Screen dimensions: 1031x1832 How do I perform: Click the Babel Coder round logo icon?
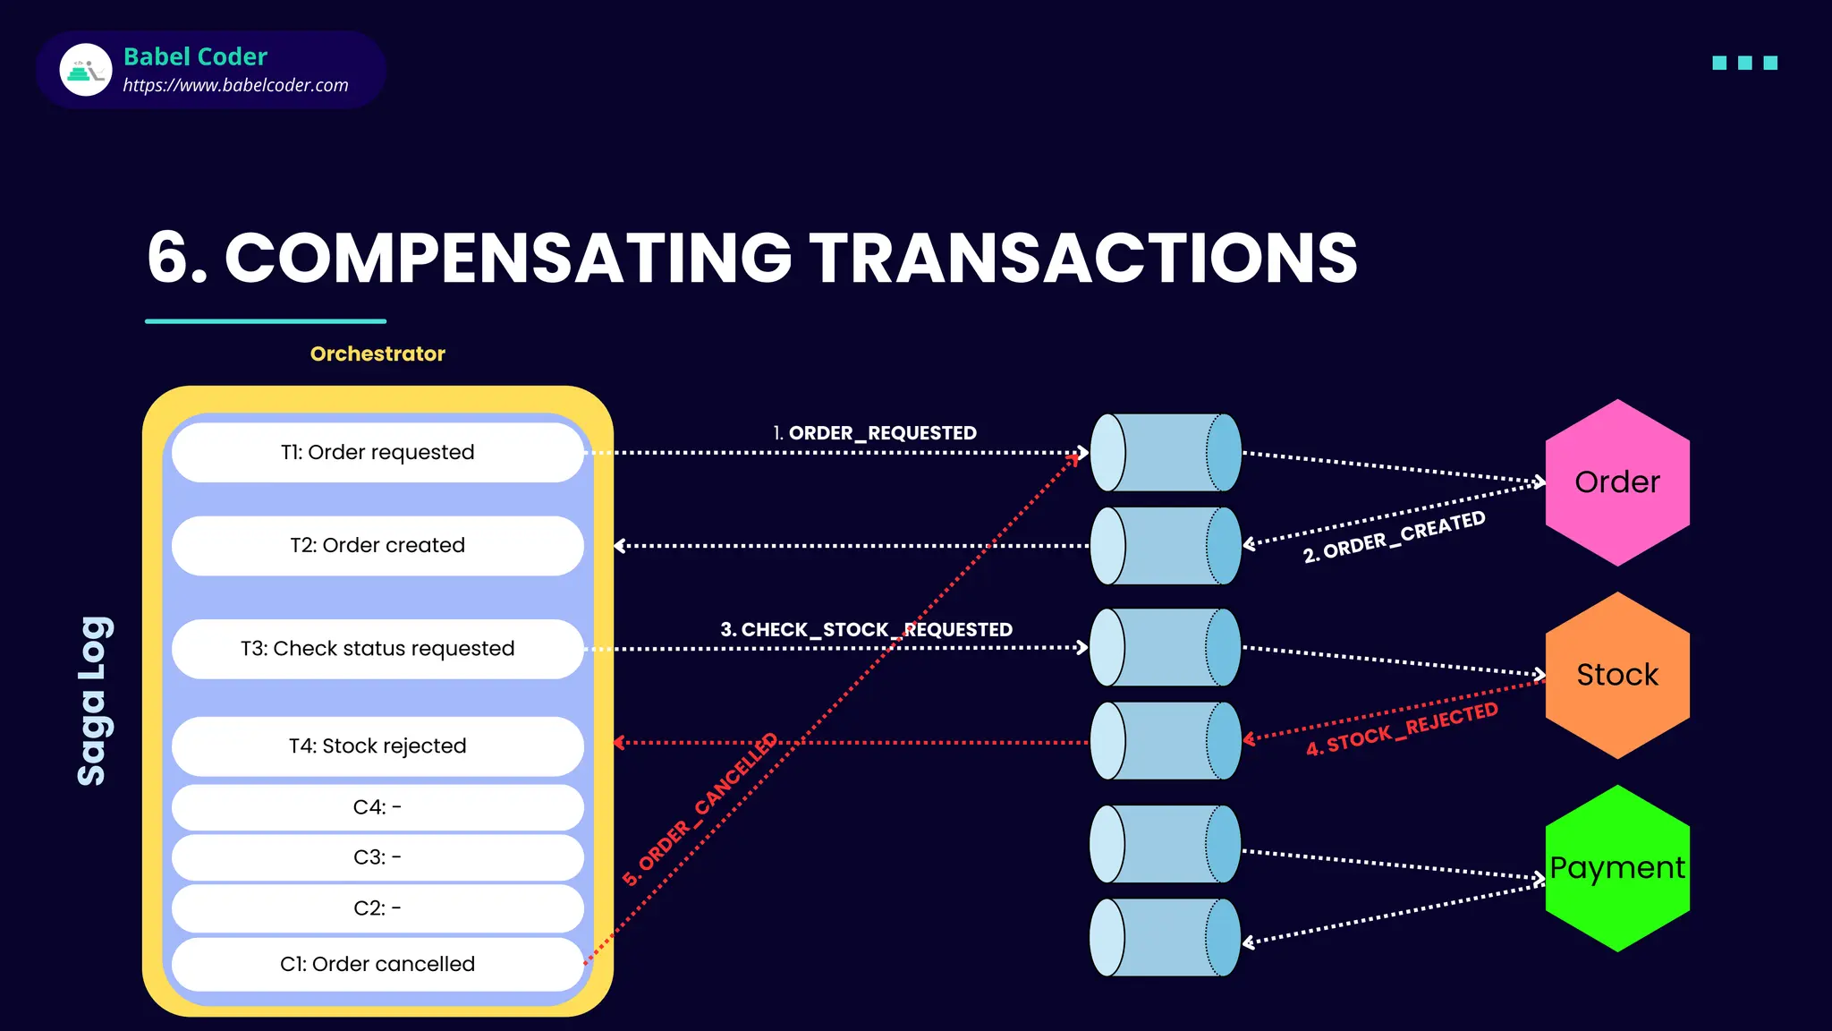point(86,70)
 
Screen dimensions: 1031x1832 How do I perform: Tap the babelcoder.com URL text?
point(235,86)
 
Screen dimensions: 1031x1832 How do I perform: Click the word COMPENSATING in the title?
point(508,258)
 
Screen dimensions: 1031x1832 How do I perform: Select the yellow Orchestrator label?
point(377,354)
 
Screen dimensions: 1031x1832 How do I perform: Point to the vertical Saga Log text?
point(94,701)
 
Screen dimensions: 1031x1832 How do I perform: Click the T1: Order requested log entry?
point(377,452)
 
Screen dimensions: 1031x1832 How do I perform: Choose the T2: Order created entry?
point(377,545)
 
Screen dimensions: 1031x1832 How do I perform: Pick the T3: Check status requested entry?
point(377,648)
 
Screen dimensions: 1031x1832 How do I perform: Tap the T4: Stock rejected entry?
point(377,746)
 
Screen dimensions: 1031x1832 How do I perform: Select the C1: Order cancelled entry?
point(377,964)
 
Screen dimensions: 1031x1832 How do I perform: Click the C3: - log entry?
point(377,857)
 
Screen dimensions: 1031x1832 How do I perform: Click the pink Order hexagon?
point(1617,482)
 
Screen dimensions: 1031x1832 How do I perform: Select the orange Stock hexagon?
point(1617,675)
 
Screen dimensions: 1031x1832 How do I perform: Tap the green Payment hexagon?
point(1617,868)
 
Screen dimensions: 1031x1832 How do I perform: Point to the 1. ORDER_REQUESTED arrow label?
point(875,433)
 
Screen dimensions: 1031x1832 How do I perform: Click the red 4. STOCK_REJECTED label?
point(1402,729)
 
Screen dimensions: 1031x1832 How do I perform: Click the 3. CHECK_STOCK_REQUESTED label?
point(866,630)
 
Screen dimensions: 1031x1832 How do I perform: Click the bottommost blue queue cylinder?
point(1165,937)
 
